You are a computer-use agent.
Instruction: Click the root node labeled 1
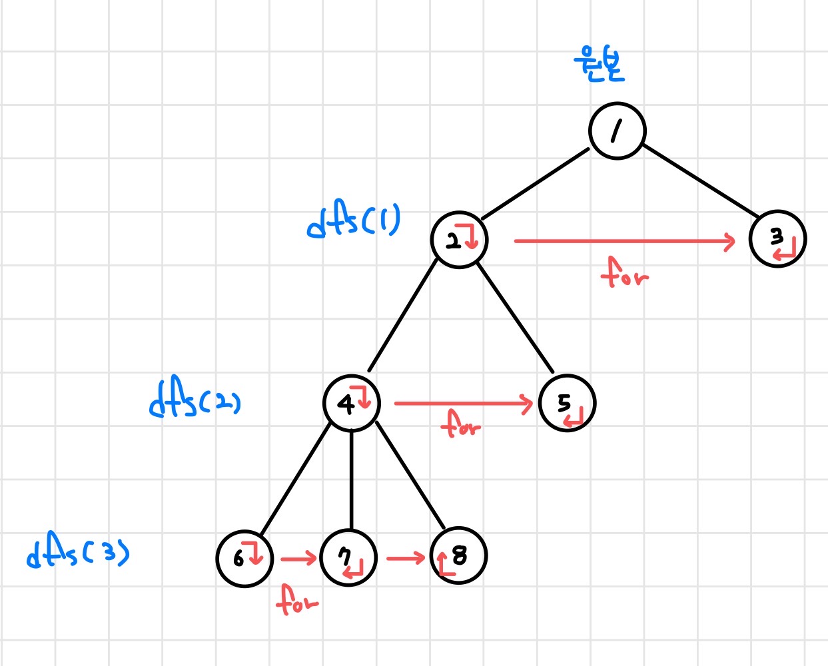coord(617,131)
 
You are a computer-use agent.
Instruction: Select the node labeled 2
coord(459,240)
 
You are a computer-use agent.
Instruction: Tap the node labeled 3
coord(777,238)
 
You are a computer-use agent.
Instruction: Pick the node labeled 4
coord(351,403)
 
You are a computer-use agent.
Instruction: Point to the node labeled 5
coord(567,403)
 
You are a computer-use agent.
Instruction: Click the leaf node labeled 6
coord(244,558)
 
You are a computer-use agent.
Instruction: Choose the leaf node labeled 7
coord(348,558)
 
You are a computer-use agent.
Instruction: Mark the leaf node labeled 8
coord(458,555)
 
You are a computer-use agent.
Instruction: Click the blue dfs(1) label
coord(353,221)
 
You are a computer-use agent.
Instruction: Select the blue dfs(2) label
coord(195,400)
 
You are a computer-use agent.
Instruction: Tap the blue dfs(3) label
coord(78,554)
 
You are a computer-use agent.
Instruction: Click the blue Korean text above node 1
coord(599,65)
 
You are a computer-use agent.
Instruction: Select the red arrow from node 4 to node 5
coord(462,403)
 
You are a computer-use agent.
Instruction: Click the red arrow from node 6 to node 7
coord(298,558)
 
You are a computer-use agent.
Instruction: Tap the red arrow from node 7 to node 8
coord(405,557)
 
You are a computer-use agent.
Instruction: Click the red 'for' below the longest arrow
coord(623,273)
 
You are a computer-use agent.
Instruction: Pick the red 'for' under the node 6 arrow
coord(296,600)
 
